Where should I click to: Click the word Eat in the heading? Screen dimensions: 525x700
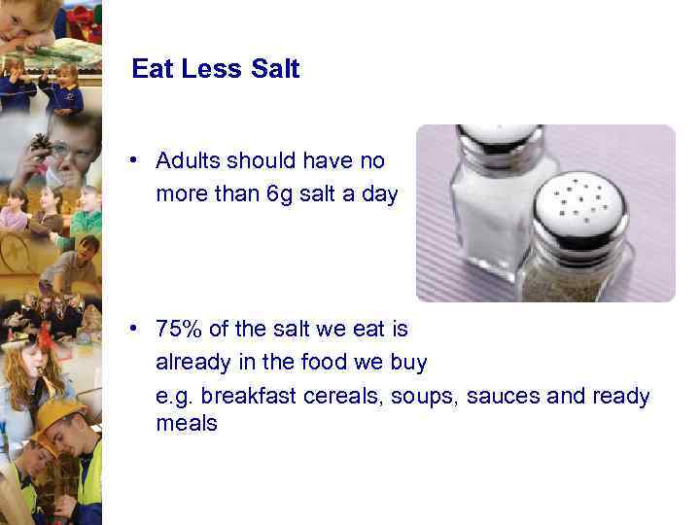152,69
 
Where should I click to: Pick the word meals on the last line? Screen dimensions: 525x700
187,424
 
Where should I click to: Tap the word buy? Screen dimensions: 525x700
408,363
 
